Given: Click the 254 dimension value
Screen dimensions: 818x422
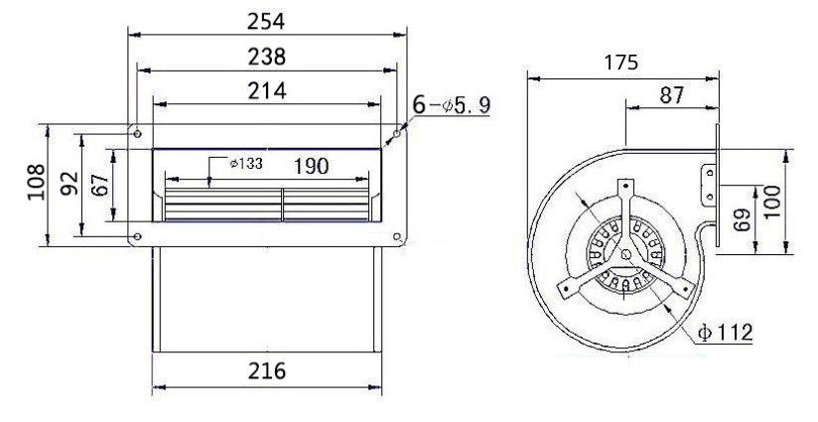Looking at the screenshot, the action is tap(266, 22).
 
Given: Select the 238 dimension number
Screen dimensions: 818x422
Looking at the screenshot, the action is tap(267, 57).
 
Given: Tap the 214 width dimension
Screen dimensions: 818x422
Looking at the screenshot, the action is tap(267, 90).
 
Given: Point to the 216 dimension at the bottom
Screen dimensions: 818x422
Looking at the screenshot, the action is tap(267, 371).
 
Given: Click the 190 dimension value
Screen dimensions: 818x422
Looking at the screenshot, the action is tap(312, 167).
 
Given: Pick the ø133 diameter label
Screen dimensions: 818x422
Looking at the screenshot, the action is tap(246, 163).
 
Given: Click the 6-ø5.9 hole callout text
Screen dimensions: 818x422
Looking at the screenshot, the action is tap(452, 105).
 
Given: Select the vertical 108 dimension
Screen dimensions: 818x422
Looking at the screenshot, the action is tap(37, 182).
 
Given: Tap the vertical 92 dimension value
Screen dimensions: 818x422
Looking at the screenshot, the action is tap(69, 183).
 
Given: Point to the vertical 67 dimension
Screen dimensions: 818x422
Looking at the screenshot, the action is tap(100, 185).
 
